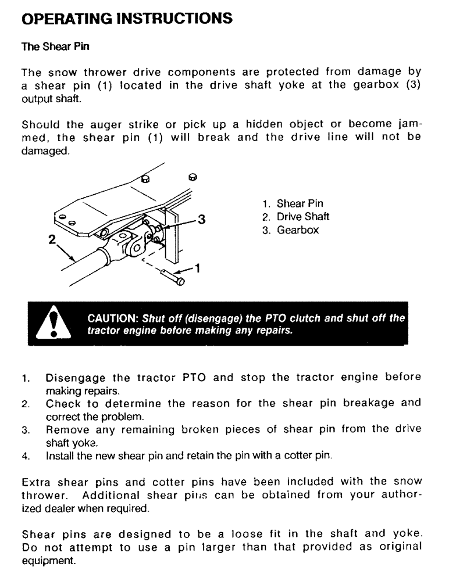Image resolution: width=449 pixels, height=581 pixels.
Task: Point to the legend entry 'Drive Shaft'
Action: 302,217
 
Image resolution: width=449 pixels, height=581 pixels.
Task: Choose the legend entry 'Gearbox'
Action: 298,230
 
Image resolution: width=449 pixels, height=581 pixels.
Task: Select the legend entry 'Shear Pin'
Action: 300,204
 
